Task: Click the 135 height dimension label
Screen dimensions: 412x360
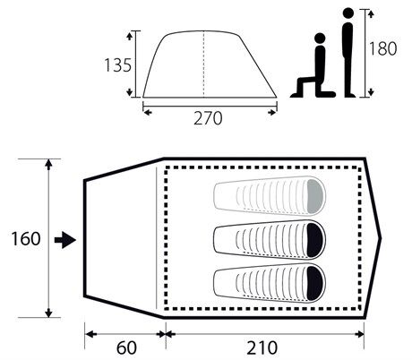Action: [117, 65]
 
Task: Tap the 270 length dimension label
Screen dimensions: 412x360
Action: [208, 118]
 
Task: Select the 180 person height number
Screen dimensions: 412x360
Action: [383, 48]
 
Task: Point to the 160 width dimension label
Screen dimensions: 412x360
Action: [26, 239]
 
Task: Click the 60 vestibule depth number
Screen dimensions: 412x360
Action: [126, 347]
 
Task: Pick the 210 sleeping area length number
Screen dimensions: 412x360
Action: [262, 347]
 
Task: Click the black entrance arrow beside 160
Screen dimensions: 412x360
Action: [65, 240]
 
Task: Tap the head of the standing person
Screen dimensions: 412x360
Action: [348, 13]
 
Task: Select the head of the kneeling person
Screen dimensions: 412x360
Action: [320, 39]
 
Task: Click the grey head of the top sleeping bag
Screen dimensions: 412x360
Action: [315, 196]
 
